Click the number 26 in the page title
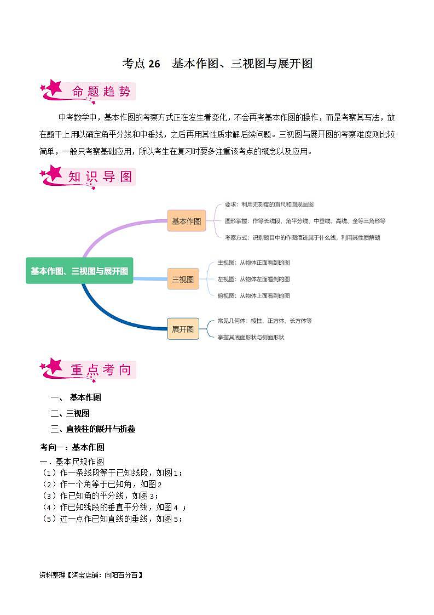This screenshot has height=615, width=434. click(x=154, y=64)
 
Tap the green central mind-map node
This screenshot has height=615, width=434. click(x=79, y=271)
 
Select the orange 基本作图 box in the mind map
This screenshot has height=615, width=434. click(x=186, y=221)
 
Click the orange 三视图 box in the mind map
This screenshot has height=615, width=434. click(x=183, y=279)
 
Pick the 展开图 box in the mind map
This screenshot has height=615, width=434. click(x=183, y=329)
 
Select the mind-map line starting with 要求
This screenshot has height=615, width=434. click(x=269, y=204)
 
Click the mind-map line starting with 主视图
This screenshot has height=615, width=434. click(x=253, y=263)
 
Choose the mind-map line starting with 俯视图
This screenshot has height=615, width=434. click(x=253, y=295)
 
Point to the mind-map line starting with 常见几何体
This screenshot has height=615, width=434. click(x=264, y=321)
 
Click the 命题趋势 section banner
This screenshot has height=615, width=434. click(x=88, y=92)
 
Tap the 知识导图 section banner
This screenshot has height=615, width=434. click(x=88, y=176)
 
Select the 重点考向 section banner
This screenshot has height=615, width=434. click(x=88, y=370)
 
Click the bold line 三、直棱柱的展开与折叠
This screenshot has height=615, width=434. click(x=93, y=429)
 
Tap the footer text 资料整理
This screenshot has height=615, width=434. click(x=91, y=575)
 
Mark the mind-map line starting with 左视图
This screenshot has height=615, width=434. click(x=253, y=279)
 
